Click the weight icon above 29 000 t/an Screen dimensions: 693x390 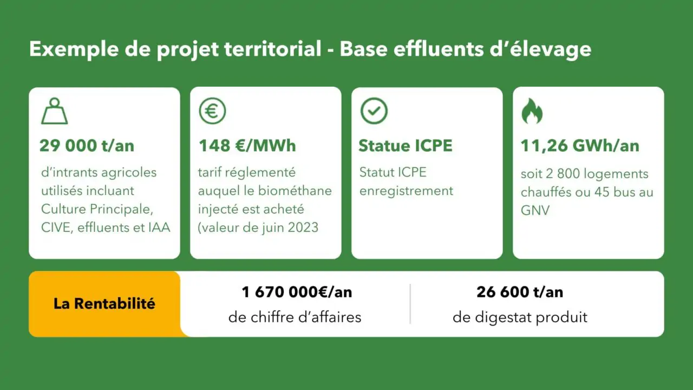point(55,111)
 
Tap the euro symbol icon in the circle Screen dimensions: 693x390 point(213,111)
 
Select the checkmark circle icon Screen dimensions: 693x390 point(374,111)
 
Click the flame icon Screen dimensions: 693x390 point(532,111)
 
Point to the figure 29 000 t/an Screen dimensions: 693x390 point(87,146)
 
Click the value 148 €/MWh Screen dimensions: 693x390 point(247,146)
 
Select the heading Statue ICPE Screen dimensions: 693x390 point(406,146)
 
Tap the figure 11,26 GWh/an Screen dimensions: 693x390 point(580,146)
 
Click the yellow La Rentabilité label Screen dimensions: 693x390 point(104,304)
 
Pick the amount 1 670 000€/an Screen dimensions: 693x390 point(297,292)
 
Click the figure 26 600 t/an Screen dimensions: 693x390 point(520,292)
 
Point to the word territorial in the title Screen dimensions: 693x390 point(273,49)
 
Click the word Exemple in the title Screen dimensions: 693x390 point(74,49)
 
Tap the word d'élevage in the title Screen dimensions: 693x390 point(540,49)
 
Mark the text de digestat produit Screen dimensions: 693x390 point(520,317)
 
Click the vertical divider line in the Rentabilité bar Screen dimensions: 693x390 point(410,304)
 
